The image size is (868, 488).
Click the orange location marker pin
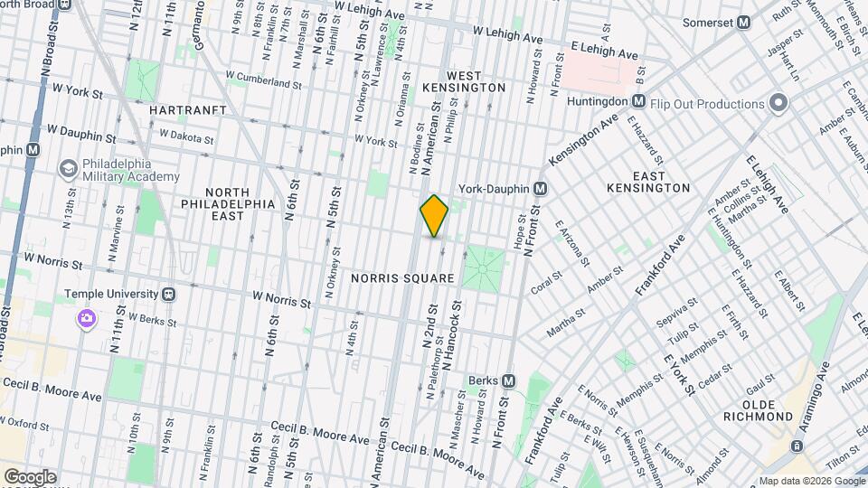[x=434, y=215]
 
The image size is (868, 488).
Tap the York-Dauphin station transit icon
[x=541, y=189]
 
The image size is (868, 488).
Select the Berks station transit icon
[x=508, y=381]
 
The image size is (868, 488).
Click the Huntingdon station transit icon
[x=638, y=101]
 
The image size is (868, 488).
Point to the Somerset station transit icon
[x=744, y=23]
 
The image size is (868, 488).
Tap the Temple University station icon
[x=168, y=295]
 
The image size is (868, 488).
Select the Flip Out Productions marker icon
[x=777, y=102]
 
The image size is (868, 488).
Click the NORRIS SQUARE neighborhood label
[x=402, y=278]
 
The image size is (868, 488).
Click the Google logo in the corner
[x=29, y=477]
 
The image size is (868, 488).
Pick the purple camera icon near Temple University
[x=87, y=318]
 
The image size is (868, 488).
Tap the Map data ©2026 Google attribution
[x=810, y=481]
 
